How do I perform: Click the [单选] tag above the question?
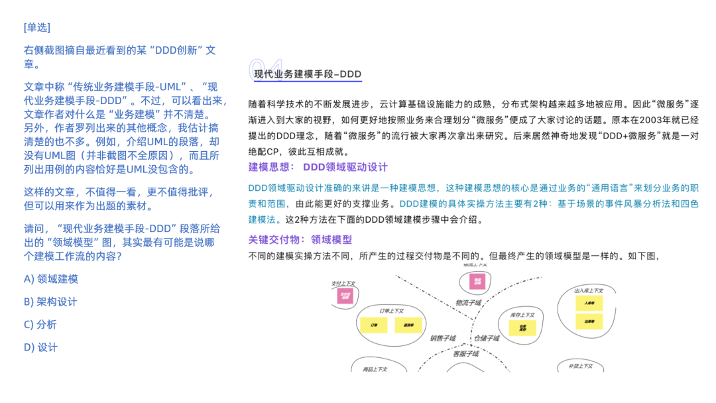tap(37, 27)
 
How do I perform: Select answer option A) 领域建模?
tap(51, 279)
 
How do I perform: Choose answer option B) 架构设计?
tap(50, 302)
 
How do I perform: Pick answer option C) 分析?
tap(40, 324)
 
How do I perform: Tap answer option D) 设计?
tap(41, 347)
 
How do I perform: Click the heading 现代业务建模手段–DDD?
tap(308, 74)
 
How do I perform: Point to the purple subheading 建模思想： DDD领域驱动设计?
tap(318, 167)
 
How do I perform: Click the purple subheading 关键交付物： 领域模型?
tap(300, 239)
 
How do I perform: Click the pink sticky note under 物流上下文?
tap(476, 282)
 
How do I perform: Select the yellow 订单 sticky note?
tap(374, 325)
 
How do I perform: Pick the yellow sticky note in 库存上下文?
tap(522, 327)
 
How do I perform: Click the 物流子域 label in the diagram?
tap(468, 303)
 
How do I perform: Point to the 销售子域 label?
tap(442, 338)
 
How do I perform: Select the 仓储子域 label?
tap(486, 338)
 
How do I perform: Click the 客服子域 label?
tap(465, 353)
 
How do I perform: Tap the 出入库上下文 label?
tap(588, 290)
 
